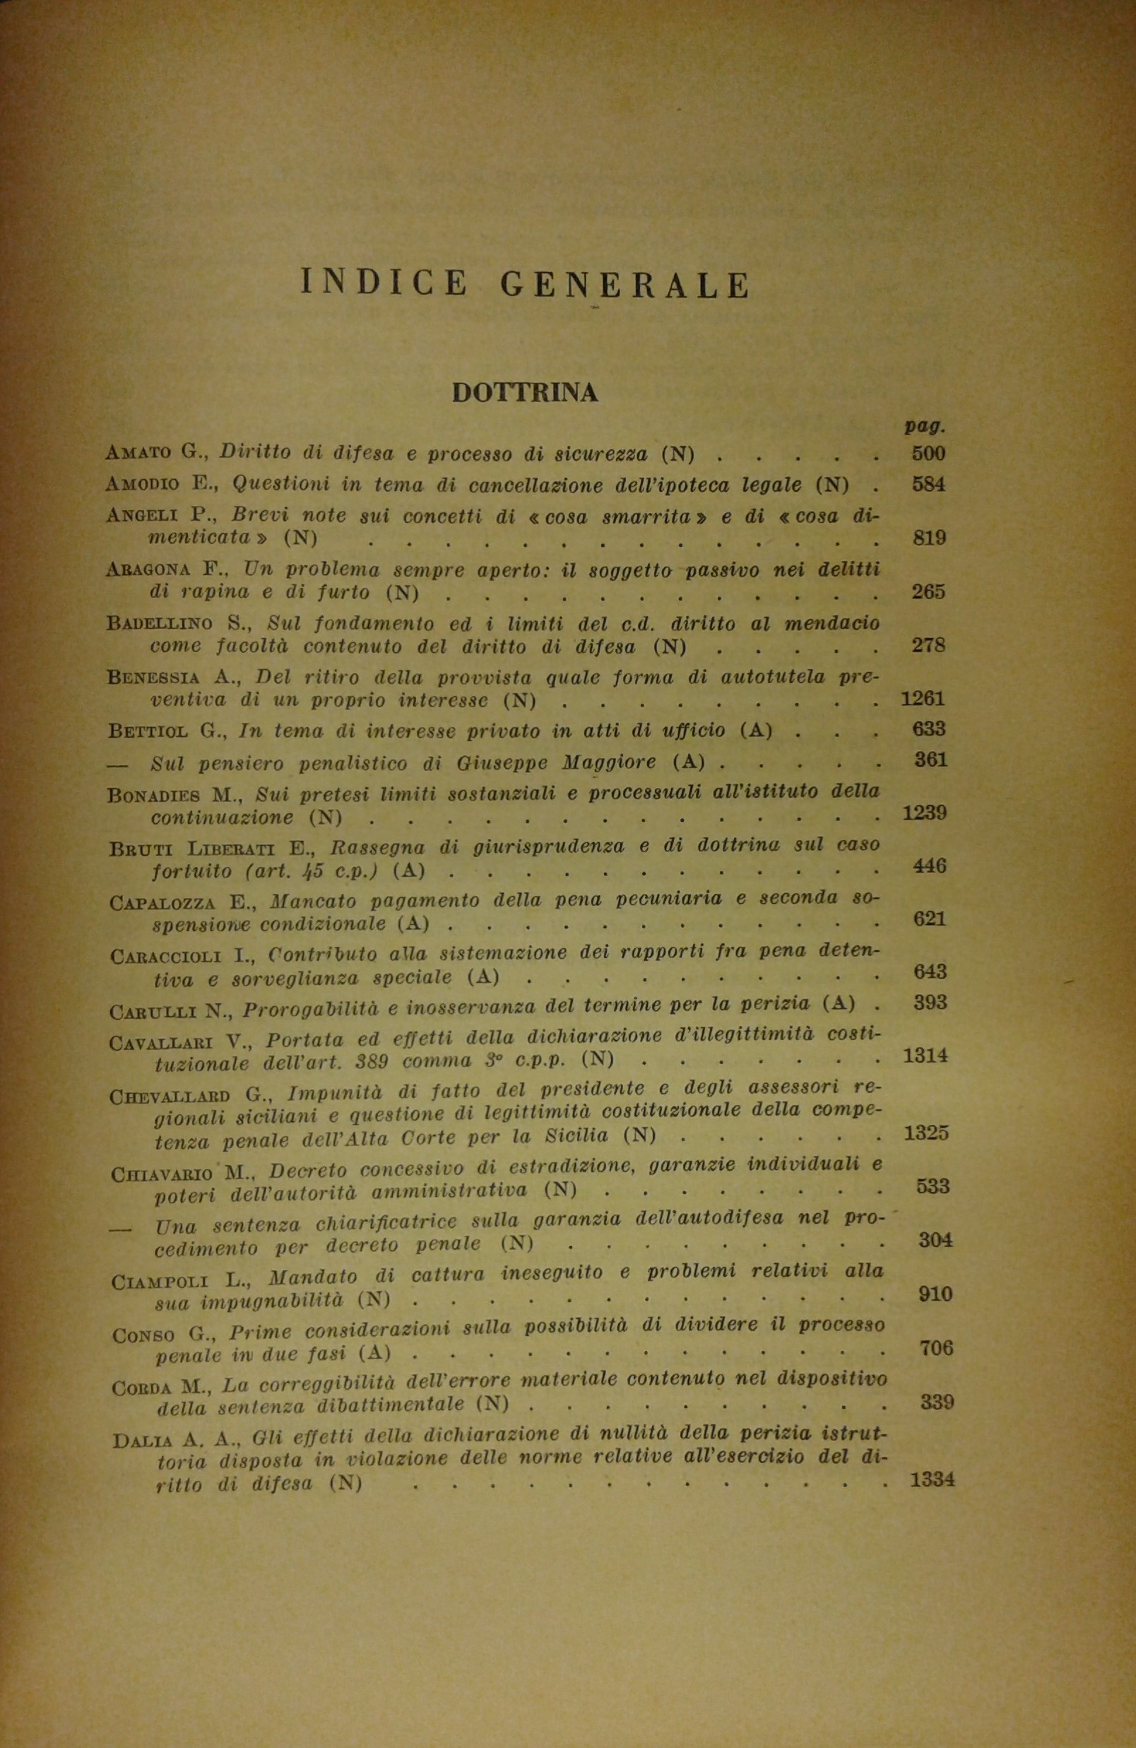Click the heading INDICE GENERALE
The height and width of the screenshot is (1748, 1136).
tap(525, 284)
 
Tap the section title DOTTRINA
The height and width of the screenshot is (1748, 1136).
tap(524, 393)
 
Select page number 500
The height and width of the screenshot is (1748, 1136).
tap(928, 453)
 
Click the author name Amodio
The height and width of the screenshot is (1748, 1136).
tap(143, 485)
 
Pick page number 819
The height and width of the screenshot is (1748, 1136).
tap(928, 538)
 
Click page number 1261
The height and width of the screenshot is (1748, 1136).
tap(923, 699)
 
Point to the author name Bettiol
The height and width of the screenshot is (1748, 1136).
tap(145, 731)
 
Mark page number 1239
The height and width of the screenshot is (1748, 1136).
tap(925, 813)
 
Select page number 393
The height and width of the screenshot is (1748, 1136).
tap(930, 1003)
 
